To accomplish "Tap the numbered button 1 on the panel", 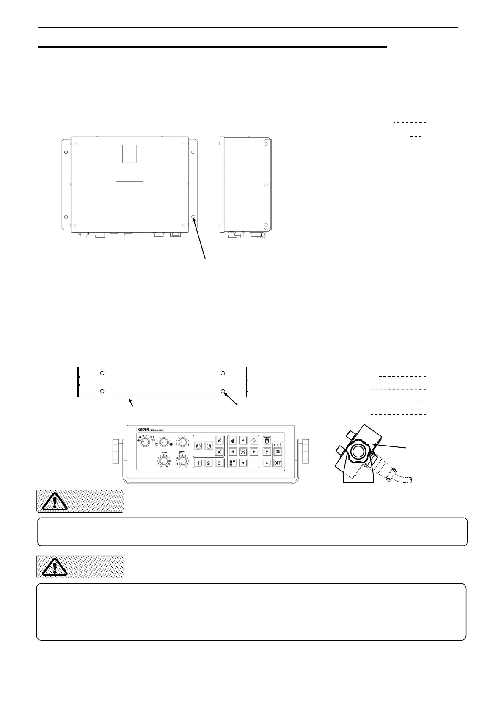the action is coord(198,463).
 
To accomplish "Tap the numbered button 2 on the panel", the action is coord(209,463).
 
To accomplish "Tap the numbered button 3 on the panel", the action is coord(219,463).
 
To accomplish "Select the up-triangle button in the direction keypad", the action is coord(243,441).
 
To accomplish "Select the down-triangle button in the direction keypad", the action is coord(243,463).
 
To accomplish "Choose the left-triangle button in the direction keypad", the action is coord(232,452).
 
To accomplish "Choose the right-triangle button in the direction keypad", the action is coord(254,452).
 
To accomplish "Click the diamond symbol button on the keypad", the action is coord(254,441).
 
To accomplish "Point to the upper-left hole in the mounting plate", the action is coord(102,373).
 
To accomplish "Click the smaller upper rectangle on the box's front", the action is coord(129,153).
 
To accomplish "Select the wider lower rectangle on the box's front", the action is coord(129,174).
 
